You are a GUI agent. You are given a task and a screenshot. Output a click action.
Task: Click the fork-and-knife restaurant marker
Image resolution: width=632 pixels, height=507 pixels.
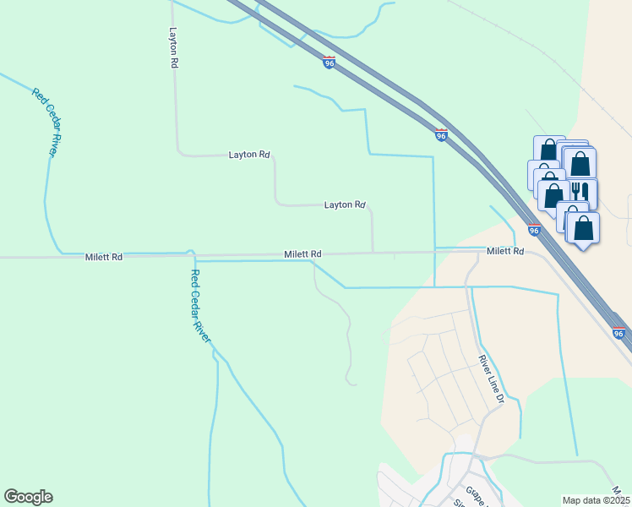[x=580, y=192]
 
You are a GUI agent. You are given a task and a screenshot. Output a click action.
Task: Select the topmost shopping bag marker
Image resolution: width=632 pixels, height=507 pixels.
[x=548, y=150]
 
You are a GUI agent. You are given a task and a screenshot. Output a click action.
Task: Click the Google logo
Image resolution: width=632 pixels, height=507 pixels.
[x=28, y=497]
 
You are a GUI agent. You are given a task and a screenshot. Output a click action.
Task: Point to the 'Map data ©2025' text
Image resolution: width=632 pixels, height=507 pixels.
[x=597, y=500]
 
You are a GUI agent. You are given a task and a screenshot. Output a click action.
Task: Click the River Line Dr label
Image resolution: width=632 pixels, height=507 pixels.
[x=491, y=379]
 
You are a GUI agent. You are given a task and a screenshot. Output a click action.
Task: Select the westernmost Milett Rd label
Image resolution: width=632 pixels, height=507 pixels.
[x=104, y=256]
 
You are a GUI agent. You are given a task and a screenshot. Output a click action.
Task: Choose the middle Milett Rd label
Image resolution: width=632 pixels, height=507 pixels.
[x=302, y=253]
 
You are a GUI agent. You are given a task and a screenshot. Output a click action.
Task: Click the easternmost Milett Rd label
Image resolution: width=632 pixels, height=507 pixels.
[x=505, y=252]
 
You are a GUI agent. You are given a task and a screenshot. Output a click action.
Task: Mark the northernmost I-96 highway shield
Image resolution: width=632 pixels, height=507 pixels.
[x=330, y=62]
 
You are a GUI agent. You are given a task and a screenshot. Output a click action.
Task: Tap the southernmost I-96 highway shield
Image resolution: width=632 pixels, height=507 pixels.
[x=618, y=333]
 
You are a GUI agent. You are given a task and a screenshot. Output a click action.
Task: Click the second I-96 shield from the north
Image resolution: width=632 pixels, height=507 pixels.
[x=441, y=134]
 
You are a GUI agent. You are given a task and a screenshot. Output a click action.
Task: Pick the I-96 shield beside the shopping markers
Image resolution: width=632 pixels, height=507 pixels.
[x=534, y=229]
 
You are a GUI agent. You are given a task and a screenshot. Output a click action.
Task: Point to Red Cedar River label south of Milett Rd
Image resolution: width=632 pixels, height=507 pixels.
[x=200, y=305]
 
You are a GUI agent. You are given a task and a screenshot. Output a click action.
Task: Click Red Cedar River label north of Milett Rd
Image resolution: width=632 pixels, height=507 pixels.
[x=48, y=121]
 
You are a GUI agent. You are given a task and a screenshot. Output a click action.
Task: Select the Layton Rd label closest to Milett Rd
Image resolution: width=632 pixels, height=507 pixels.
[x=345, y=204]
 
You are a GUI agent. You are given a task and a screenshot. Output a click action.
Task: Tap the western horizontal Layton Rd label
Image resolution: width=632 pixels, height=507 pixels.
[x=249, y=155]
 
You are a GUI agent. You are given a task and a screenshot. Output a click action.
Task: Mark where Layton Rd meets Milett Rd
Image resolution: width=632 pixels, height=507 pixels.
[x=373, y=252]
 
